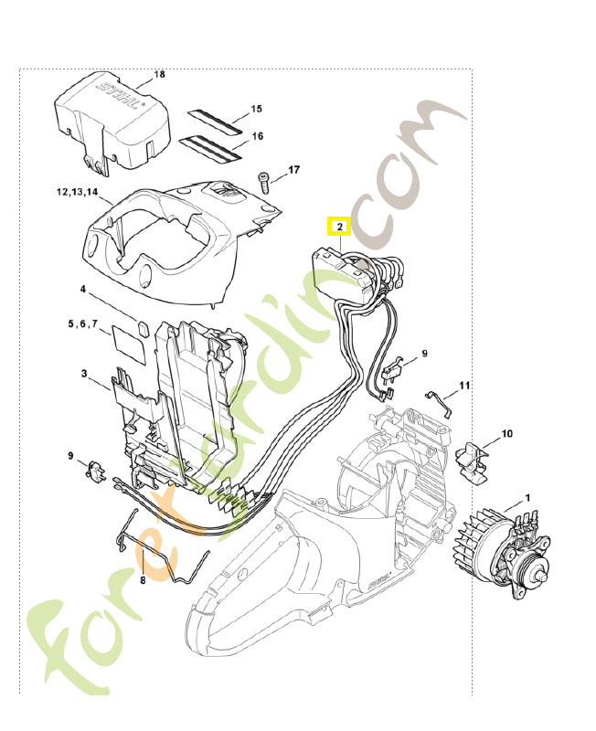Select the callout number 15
tap(256, 109)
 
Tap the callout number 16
tap(257, 136)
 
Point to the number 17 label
tap(293, 170)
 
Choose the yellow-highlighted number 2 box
tap(338, 226)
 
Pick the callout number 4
tap(82, 289)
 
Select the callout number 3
tap(83, 374)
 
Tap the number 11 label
tap(464, 387)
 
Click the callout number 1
tap(527, 497)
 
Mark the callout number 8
tap(143, 579)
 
